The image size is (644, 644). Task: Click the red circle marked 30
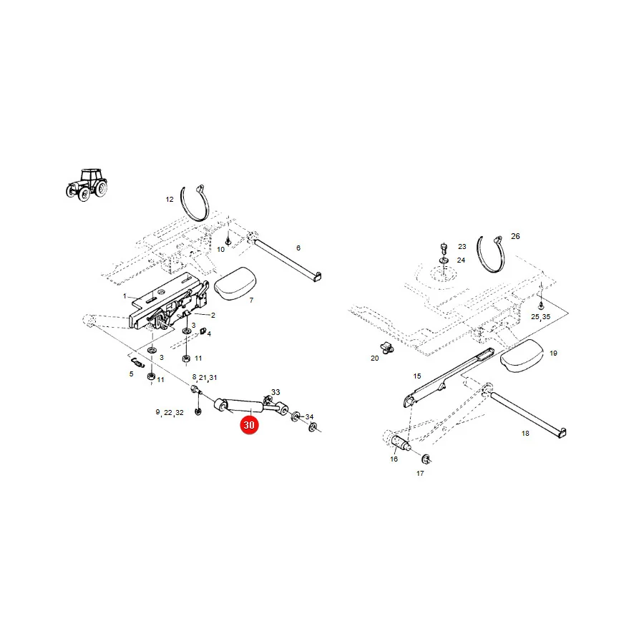click(x=249, y=424)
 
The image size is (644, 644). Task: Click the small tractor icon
click(x=87, y=185)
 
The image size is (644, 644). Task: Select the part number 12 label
click(x=170, y=200)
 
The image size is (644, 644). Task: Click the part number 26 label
click(x=515, y=236)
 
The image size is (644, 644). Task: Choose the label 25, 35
click(x=540, y=317)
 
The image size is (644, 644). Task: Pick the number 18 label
click(x=525, y=434)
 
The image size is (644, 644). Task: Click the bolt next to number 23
click(x=444, y=248)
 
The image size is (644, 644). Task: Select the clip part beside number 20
click(x=386, y=348)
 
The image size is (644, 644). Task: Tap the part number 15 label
click(x=417, y=376)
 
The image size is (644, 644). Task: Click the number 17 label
click(x=420, y=474)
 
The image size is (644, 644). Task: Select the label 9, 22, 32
click(x=170, y=412)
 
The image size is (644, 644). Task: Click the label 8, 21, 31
click(x=205, y=377)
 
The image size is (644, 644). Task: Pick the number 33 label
click(x=275, y=392)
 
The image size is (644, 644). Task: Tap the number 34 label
click(x=309, y=417)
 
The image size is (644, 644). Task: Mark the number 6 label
click(x=298, y=248)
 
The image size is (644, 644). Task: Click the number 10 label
click(x=221, y=250)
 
